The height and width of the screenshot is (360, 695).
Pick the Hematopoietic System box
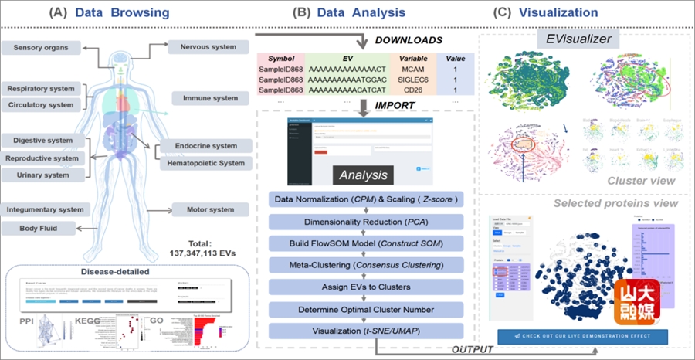coord(206,163)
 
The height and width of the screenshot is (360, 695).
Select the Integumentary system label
coord(46,209)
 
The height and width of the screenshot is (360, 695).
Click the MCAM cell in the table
coord(413,69)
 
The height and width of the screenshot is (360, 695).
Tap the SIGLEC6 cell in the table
coord(413,80)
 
